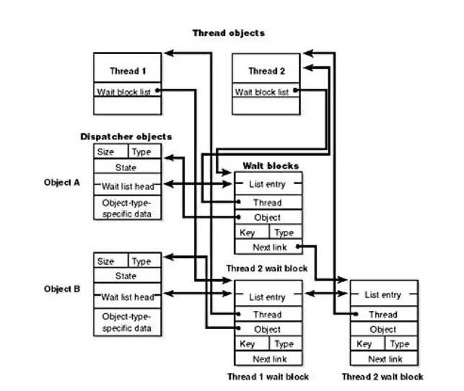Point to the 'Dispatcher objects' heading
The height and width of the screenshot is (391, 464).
tap(126, 136)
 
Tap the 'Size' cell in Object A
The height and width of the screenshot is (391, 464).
tap(107, 152)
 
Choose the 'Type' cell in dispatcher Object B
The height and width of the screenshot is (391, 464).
tap(142, 260)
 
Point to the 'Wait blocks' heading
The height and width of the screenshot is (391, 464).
tap(266, 166)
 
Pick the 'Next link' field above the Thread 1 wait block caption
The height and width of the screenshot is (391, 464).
tap(268, 359)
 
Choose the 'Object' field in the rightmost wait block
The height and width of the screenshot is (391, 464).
tap(383, 329)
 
